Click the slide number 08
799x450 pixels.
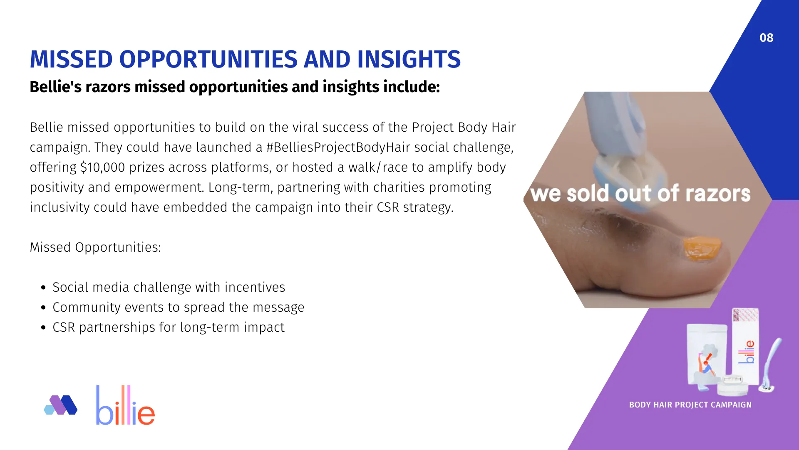[766, 38]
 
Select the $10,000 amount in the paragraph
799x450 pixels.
[102, 167]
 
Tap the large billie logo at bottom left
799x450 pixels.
[125, 405]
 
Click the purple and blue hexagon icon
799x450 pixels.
[61, 405]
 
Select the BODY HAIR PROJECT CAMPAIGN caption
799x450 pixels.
[690, 405]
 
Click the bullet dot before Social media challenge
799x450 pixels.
[44, 287]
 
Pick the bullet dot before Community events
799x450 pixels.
[44, 307]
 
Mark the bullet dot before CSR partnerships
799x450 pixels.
[44, 327]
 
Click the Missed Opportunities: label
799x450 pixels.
[95, 247]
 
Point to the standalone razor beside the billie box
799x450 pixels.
[770, 366]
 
